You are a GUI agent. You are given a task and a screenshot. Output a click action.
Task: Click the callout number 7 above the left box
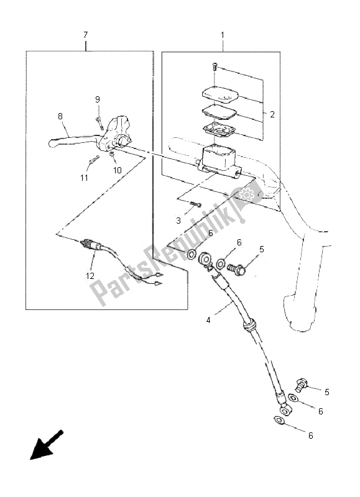(x=85, y=35)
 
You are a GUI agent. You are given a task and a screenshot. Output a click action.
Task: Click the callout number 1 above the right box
(x=223, y=35)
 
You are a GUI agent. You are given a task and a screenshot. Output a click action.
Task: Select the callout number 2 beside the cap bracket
(x=272, y=114)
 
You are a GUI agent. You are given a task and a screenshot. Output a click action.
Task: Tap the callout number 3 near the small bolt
(x=178, y=221)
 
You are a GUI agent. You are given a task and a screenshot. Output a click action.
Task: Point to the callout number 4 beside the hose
(x=208, y=321)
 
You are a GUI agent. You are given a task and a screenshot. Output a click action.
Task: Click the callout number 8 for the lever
(x=60, y=116)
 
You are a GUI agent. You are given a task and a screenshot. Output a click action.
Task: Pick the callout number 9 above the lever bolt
(x=98, y=99)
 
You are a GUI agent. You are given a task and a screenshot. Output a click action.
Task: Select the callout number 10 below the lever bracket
(x=118, y=170)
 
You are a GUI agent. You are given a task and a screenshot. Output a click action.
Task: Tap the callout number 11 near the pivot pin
(x=84, y=178)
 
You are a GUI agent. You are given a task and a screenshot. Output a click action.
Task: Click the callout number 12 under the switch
(x=90, y=276)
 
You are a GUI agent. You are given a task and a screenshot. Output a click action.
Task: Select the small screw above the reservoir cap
(x=215, y=66)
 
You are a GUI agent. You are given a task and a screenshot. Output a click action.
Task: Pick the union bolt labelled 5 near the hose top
(x=237, y=269)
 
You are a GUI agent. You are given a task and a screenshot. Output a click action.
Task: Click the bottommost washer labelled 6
(x=278, y=421)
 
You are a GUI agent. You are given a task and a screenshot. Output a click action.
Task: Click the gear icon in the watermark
(x=246, y=194)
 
